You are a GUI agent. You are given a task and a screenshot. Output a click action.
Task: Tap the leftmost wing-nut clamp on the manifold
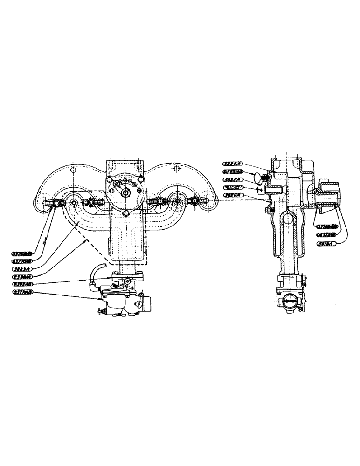56,203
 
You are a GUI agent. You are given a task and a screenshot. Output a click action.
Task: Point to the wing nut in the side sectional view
257,177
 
